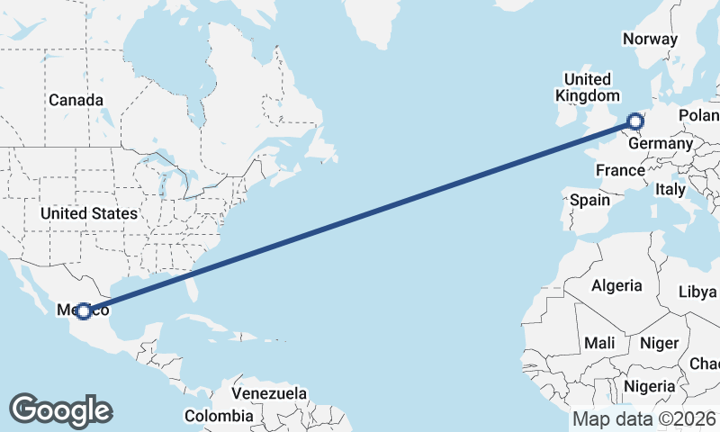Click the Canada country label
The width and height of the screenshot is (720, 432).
click(x=76, y=100)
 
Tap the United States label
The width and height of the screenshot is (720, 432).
click(x=88, y=213)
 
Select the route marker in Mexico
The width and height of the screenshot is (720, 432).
click(x=83, y=310)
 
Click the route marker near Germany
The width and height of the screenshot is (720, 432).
click(x=635, y=121)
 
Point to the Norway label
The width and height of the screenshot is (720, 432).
click(x=650, y=39)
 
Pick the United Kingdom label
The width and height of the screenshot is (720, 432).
click(x=587, y=87)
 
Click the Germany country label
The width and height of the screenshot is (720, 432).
click(x=661, y=144)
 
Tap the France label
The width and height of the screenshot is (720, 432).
click(x=620, y=170)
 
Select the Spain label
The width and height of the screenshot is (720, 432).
click(x=589, y=200)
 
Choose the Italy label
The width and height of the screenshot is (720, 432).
click(x=670, y=190)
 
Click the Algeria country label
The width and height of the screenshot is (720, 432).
click(x=616, y=285)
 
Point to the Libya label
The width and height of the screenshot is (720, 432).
click(x=697, y=292)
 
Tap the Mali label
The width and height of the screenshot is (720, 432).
click(x=599, y=343)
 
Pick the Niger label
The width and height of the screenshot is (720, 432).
click(x=658, y=343)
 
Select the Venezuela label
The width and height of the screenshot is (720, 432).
click(x=268, y=394)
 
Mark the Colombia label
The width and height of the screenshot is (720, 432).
click(x=219, y=416)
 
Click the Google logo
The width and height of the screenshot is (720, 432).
click(x=60, y=410)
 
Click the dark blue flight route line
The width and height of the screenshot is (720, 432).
click(x=360, y=216)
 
